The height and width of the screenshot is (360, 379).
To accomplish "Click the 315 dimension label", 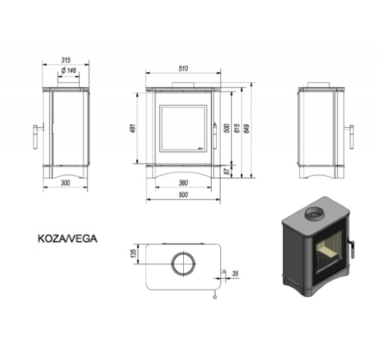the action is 66,60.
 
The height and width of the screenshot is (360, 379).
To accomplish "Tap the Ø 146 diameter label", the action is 69,70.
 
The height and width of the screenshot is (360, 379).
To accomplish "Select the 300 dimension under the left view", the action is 65,183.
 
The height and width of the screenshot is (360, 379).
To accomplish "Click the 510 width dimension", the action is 183,68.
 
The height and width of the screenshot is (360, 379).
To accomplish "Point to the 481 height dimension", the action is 133,129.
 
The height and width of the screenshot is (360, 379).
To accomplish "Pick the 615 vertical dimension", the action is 237,128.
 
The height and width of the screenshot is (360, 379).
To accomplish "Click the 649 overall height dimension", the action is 247,128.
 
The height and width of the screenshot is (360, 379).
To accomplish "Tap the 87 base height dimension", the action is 227,171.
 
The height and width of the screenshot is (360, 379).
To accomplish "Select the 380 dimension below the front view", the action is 183,183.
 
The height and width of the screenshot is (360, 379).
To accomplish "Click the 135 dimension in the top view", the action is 133,254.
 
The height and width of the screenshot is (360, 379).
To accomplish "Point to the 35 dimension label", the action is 235,273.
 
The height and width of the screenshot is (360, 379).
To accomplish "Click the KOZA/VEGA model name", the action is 68,239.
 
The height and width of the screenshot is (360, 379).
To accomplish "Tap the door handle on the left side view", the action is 35,137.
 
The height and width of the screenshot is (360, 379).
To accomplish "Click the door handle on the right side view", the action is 352,137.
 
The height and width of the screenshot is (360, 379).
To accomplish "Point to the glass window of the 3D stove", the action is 329,252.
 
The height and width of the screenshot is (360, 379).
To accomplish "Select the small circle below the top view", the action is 215,297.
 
